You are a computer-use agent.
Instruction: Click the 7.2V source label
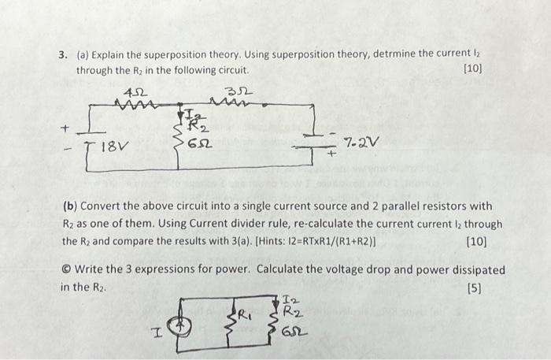coord(362,143)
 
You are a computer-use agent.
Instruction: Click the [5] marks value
coord(474,288)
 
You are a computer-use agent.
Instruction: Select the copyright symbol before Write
coord(65,270)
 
